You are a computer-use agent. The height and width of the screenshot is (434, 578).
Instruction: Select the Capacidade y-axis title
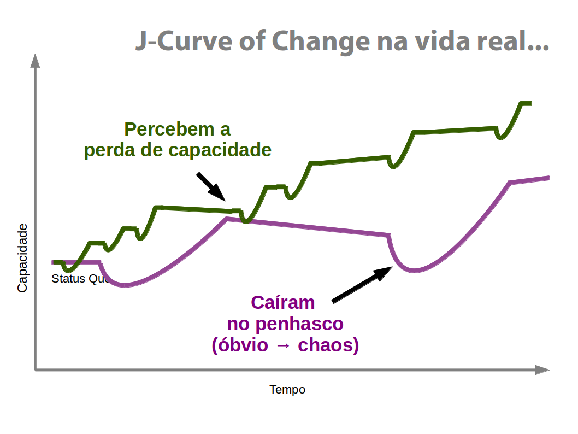(x=22, y=257)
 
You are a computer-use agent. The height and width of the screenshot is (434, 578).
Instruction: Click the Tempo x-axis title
(x=287, y=390)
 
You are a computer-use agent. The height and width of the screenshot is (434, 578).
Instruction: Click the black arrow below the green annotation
(x=211, y=186)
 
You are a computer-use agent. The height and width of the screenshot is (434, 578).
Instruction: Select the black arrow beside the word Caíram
(x=362, y=284)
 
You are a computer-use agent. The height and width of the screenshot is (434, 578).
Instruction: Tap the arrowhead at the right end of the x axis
(x=542, y=370)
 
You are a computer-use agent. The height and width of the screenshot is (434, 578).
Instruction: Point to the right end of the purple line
(x=547, y=178)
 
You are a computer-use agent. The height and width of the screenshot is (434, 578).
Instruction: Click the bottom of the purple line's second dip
(x=415, y=271)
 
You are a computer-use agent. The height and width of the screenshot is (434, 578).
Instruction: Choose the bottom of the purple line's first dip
(x=125, y=285)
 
